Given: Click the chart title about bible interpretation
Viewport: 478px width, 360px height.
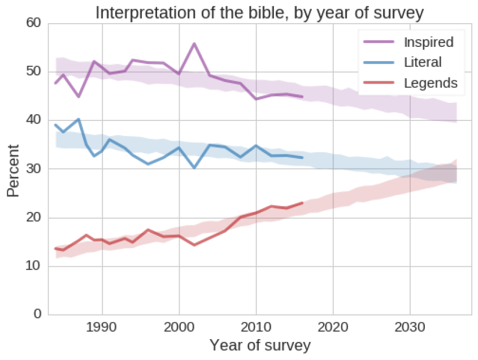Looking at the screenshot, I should point(259,12).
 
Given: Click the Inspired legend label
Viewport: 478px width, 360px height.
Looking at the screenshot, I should point(429,42).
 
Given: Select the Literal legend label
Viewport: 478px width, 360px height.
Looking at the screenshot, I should point(423,62).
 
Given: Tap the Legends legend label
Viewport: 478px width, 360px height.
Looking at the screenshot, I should point(431,83).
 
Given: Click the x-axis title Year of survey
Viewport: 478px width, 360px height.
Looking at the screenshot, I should point(260,345).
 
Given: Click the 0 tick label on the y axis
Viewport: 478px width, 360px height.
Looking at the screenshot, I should point(37,315).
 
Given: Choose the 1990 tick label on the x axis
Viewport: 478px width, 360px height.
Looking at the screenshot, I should point(102,328).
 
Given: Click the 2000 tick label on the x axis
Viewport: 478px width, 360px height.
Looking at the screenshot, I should point(179,328).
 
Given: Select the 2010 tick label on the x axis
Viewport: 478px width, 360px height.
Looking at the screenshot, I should point(256,328).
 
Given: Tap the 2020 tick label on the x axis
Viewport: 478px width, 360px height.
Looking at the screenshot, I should point(333,328).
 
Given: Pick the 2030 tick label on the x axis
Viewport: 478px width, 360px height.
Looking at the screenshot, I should point(410,328).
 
